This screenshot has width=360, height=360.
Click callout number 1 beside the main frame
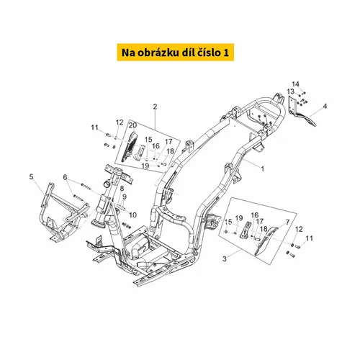[x=262, y=169]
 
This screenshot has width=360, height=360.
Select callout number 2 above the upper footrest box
[x=155, y=107]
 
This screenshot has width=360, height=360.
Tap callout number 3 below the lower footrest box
[x=225, y=259]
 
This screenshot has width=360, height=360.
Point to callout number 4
[x=325, y=106]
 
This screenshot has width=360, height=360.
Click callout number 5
[x=32, y=177]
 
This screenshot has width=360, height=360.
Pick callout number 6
[x=65, y=177]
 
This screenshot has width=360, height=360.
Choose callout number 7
[x=287, y=222]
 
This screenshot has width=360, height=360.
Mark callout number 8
[x=122, y=189]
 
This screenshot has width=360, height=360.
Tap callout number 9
[x=124, y=197]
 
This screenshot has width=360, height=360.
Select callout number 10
[x=132, y=215]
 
